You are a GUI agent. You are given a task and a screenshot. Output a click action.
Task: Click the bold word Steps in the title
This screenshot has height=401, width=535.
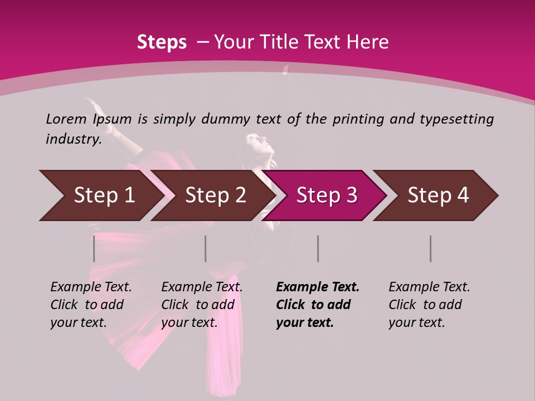point(162,42)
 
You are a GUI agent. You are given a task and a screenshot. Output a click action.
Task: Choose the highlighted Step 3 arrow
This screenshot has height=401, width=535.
point(327,195)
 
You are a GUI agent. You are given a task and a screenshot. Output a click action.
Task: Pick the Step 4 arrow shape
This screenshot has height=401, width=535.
point(438,195)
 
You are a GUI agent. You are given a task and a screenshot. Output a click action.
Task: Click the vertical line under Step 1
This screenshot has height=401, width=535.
point(94,248)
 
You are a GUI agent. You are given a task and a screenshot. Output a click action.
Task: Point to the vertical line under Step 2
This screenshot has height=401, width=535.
point(206,248)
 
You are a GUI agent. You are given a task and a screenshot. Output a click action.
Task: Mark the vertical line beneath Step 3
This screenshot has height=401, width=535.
point(318,248)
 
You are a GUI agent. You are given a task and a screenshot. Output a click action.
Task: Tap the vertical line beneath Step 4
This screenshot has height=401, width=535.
point(430,248)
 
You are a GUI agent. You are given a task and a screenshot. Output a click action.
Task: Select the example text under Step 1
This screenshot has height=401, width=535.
point(91,305)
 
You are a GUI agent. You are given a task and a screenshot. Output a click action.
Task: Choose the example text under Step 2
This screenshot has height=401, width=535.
point(202,305)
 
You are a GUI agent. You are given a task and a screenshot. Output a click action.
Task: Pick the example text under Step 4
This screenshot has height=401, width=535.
point(429,305)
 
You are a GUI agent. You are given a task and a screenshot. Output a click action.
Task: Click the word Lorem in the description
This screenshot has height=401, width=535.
point(66,119)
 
